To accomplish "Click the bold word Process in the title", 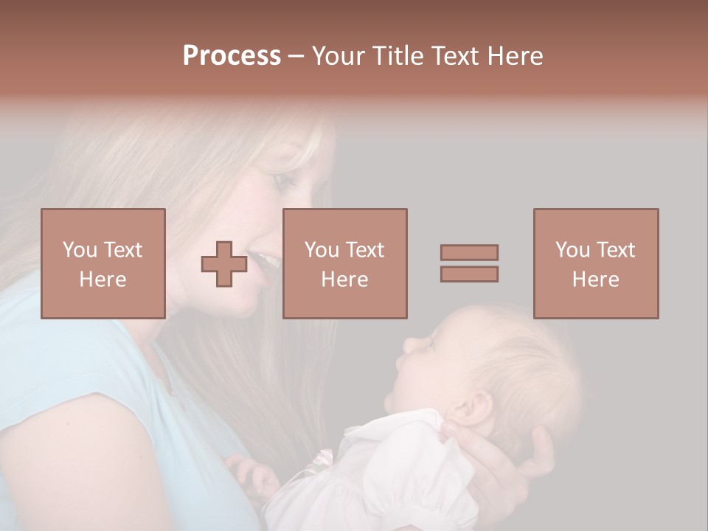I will coord(232,56).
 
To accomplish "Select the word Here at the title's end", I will coord(516,56).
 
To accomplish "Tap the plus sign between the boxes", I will coord(224,264).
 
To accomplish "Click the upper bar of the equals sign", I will coord(469,252).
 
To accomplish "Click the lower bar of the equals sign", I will coord(469,274).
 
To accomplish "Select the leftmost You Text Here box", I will coord(103,263).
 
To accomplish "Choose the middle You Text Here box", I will coord(344,263).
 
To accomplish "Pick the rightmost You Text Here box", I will coord(596,263).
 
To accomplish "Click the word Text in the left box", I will coord(122,250).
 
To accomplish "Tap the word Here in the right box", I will coord(596,280).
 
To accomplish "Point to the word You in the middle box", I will coord(322,250).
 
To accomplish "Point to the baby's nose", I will coord(406,344).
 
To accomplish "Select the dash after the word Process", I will coord(296,57).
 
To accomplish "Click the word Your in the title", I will coord(339,56).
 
